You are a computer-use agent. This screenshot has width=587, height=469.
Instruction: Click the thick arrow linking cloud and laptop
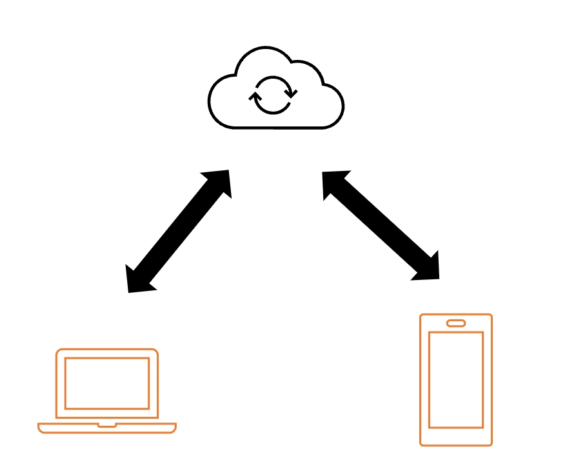[x=179, y=231]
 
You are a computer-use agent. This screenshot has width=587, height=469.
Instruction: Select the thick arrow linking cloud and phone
[x=381, y=225]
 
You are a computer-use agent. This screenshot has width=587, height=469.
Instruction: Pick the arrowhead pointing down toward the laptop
[x=138, y=281]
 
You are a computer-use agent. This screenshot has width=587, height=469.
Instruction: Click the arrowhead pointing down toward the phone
[x=428, y=269]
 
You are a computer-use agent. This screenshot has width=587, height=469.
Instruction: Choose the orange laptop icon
[x=107, y=391]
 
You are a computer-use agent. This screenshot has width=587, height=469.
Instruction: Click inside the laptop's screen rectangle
[x=107, y=383]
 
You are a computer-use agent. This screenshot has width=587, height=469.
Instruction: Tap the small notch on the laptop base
[x=107, y=426]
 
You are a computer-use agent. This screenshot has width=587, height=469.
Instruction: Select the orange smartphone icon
[x=456, y=380]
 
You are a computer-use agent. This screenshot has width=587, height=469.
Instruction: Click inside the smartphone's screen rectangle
[x=456, y=379]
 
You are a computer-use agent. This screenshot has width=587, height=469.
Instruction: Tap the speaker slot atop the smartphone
[x=456, y=323]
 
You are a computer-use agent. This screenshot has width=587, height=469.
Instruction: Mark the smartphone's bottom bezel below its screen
[x=456, y=436]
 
